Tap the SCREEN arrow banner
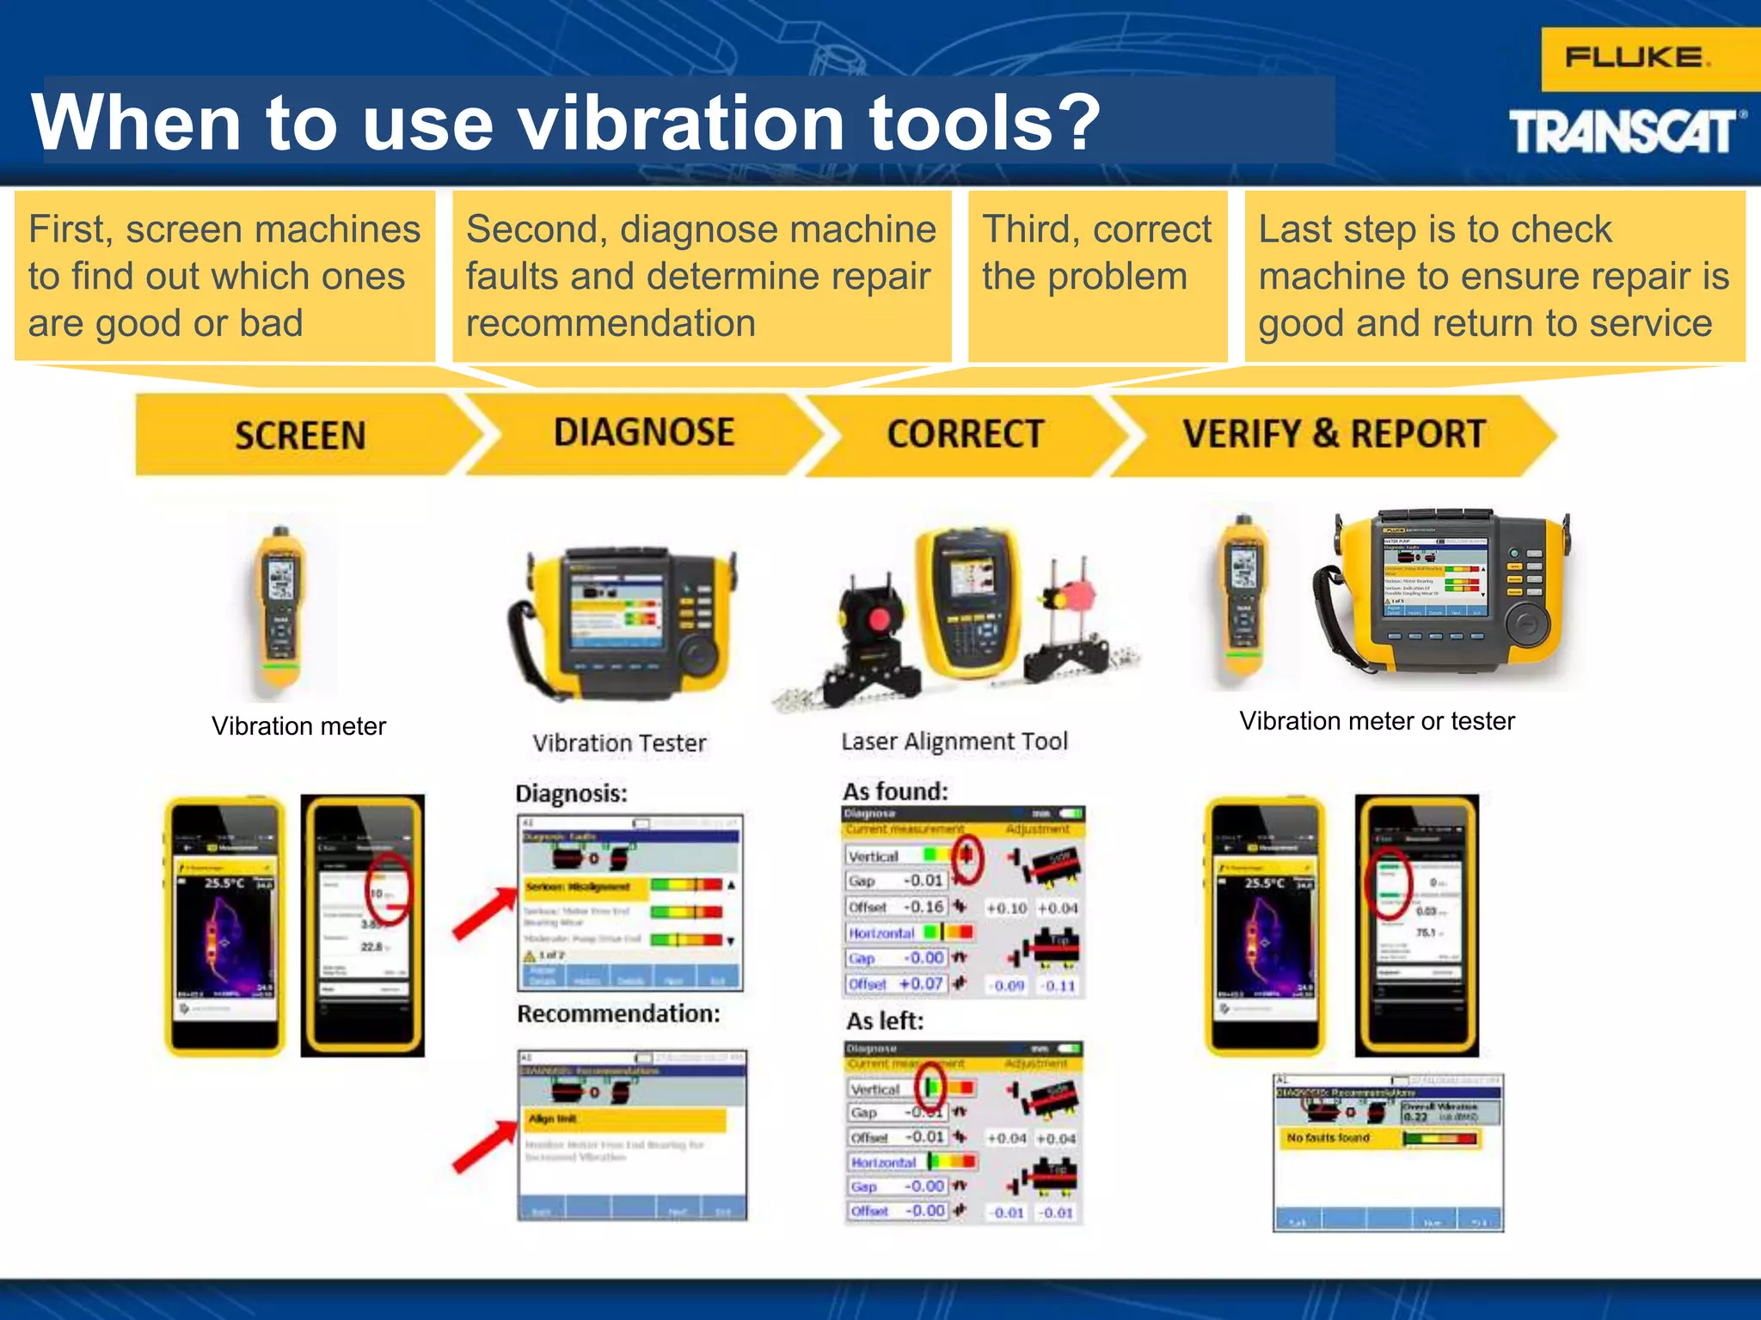point(300,435)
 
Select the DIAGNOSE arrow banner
point(644,432)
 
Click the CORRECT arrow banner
point(965,434)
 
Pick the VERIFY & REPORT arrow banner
point(1333,434)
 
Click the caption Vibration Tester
point(619,743)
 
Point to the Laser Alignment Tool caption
point(954,742)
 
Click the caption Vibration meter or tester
point(1377,721)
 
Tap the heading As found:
point(895,791)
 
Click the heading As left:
point(885,1021)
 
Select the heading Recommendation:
point(618,1014)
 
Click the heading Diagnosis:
point(572,793)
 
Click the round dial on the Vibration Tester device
point(697,656)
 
